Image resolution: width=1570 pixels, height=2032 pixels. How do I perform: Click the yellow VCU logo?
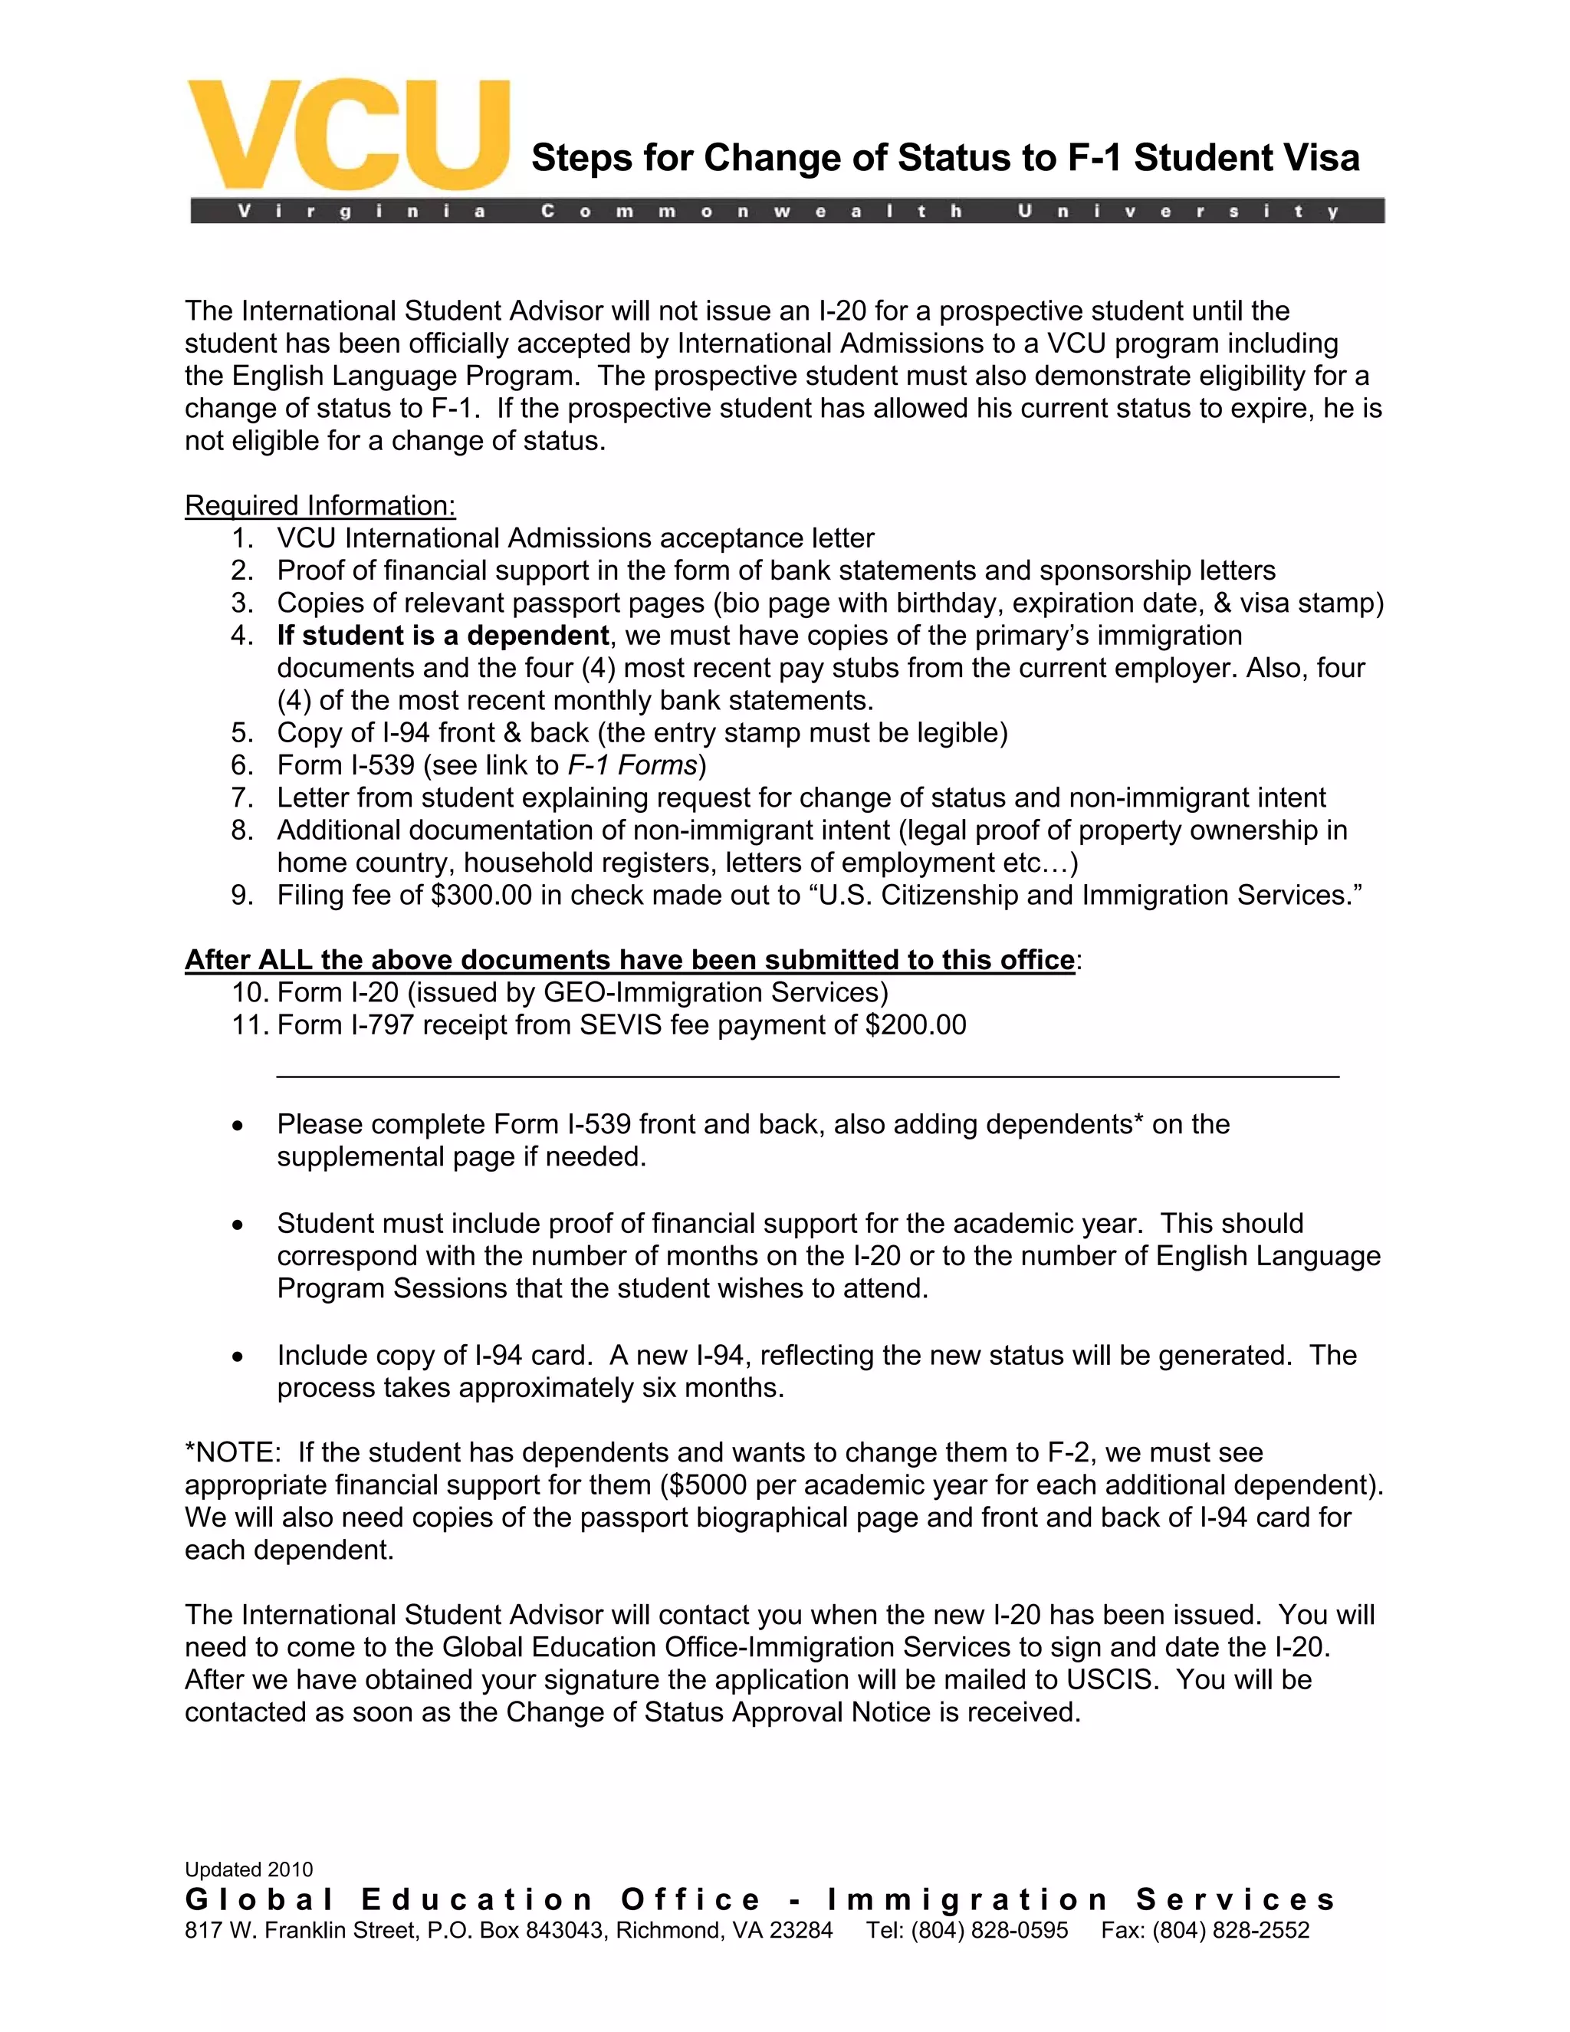point(349,136)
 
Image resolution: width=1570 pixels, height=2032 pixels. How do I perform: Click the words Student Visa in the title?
point(1246,157)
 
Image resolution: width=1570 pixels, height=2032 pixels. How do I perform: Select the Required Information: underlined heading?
point(320,505)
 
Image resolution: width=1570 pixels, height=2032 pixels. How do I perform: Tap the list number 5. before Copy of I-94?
point(243,733)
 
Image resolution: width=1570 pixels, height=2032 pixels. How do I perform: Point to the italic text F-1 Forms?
point(632,766)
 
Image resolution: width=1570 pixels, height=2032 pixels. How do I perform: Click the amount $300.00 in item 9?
point(481,895)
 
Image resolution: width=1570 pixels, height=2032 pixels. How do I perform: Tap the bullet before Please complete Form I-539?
point(239,1126)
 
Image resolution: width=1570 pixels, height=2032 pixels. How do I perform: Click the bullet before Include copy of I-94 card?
point(239,1357)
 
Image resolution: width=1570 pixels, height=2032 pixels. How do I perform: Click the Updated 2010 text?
point(248,1870)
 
